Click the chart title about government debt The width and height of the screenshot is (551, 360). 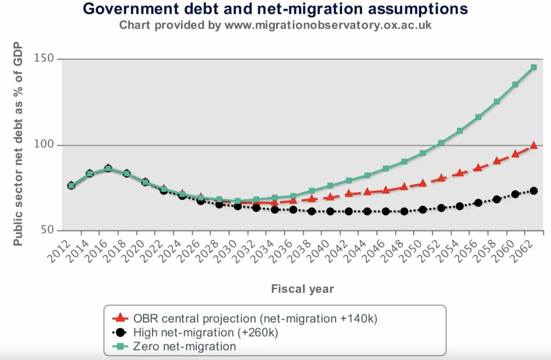pyautogui.click(x=275, y=9)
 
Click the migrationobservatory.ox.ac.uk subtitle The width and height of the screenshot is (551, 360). pyautogui.click(x=275, y=25)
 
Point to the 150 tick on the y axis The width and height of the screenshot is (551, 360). pyautogui.click(x=47, y=59)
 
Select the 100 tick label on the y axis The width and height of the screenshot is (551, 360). pyautogui.click(x=47, y=145)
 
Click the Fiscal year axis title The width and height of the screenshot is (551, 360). pyautogui.click(x=303, y=289)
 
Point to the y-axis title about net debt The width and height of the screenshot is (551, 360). pyautogui.click(x=19, y=144)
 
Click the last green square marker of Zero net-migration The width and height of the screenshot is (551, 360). pyautogui.click(x=534, y=67)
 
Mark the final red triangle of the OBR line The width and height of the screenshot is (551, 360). pyautogui.click(x=534, y=146)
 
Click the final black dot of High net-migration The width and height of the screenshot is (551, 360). pyautogui.click(x=534, y=191)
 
